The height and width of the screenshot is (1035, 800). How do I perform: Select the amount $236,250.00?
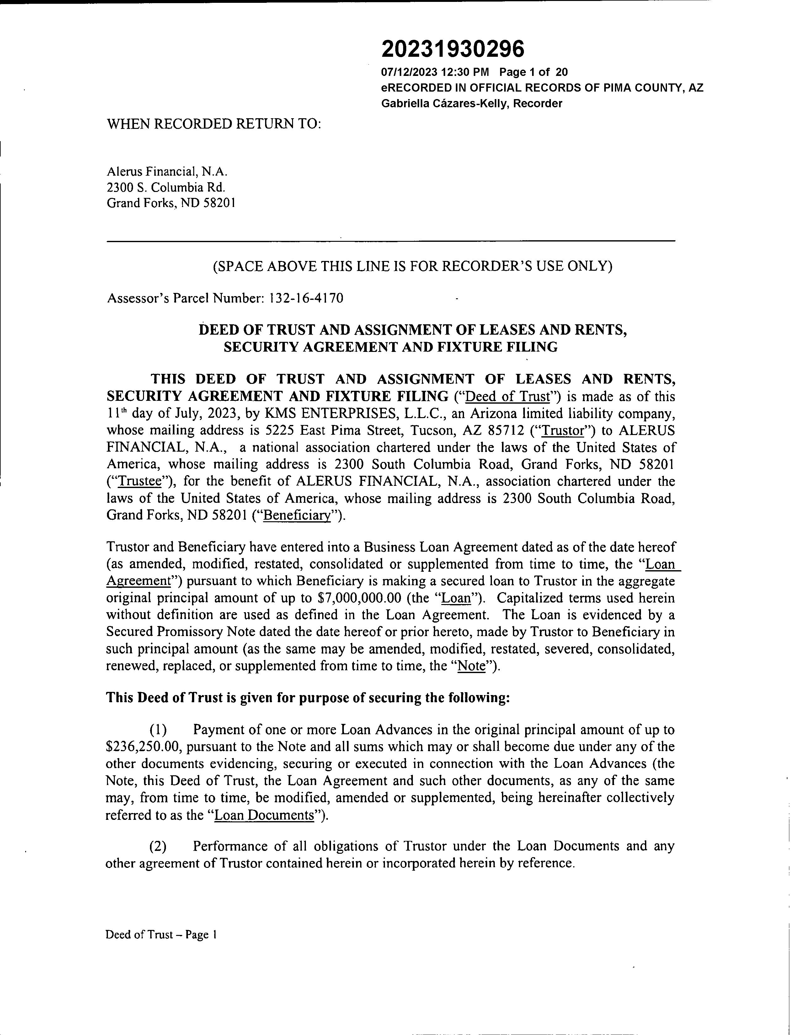(142, 746)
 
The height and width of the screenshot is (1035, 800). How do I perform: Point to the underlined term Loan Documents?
(264, 815)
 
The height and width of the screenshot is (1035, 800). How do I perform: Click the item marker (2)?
(158, 846)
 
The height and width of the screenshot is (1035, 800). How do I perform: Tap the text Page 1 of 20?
(534, 72)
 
